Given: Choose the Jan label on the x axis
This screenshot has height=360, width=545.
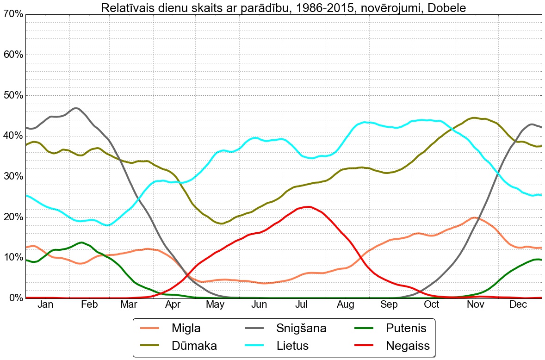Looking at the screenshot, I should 45,304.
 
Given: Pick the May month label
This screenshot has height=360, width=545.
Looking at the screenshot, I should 216,304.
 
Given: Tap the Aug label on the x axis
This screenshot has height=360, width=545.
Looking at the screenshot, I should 346,304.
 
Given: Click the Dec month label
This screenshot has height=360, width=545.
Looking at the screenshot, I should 518,304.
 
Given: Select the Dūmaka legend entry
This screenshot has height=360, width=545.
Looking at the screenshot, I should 194,345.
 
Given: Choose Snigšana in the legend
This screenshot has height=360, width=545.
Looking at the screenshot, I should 301,329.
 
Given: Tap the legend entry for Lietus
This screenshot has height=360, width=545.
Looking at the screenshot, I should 292,345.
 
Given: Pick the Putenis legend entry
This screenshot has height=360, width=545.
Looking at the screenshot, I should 406,329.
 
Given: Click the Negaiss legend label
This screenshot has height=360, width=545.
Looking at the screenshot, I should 408,345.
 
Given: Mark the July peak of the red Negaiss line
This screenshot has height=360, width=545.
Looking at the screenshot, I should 308,207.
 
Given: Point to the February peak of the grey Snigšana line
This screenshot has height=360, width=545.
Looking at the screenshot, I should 75,108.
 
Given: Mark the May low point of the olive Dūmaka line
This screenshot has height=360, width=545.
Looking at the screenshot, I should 222,223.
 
